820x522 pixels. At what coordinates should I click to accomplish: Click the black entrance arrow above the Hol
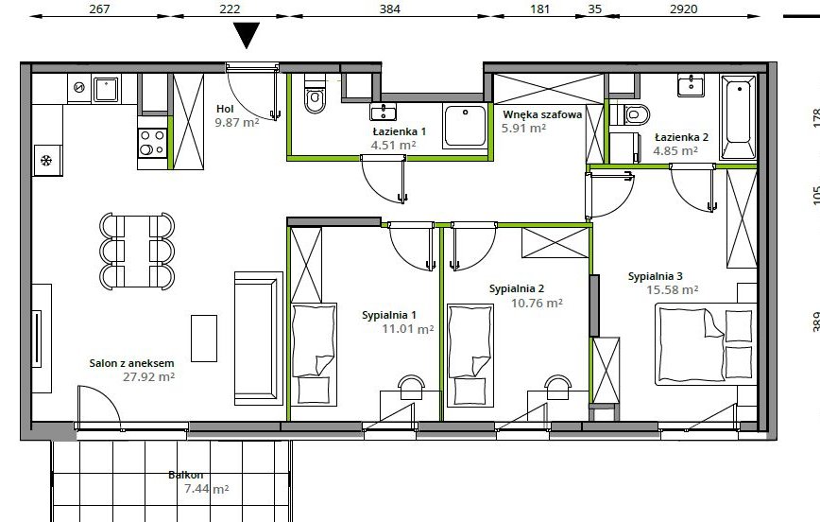248,36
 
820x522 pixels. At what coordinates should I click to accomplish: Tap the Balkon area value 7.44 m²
208,489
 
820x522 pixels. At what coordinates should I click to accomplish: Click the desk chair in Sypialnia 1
410,384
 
